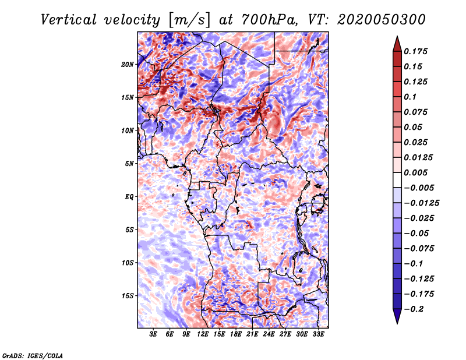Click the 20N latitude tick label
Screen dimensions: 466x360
[128, 65]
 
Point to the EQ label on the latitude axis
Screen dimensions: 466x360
[129, 197]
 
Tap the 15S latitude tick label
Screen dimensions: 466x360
[128, 296]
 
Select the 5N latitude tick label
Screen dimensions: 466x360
[129, 164]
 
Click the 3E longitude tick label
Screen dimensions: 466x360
[153, 334]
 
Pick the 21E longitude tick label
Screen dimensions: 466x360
[252, 334]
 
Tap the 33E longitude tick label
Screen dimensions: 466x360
[318, 334]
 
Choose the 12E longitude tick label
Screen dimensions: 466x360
[202, 334]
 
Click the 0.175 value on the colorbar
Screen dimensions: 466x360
[415, 51]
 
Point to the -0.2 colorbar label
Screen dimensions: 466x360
[414, 309]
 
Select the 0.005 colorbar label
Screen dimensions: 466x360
[415, 172]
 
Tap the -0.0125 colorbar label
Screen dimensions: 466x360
[421, 203]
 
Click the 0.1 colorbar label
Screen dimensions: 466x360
[410, 97]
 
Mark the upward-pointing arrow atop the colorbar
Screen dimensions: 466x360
[397, 44]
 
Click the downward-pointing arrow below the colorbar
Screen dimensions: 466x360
[397, 316]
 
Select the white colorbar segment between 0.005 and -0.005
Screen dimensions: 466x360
[397, 180]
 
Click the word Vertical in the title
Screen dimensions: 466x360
[69, 20]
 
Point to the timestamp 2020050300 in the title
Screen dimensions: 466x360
[382, 20]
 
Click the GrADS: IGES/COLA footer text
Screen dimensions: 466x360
[33, 356]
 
